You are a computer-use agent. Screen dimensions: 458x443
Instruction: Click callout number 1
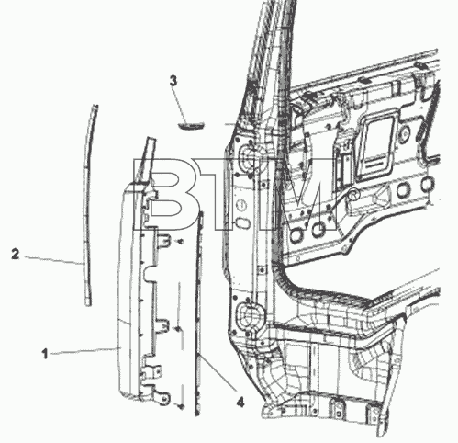pyautogui.click(x=45, y=354)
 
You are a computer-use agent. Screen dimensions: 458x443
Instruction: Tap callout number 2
pyautogui.click(x=16, y=255)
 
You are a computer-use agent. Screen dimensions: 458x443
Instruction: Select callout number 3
pyautogui.click(x=173, y=81)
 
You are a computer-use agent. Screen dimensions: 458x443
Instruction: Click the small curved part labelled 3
pyautogui.click(x=191, y=125)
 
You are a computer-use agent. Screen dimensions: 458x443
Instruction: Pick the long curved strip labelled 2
pyautogui.click(x=88, y=205)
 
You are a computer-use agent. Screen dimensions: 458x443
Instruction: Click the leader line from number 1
pyautogui.click(x=85, y=351)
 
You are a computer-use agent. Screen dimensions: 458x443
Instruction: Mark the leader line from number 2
pyautogui.click(x=53, y=260)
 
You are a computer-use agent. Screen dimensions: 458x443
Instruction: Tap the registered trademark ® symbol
pyautogui.click(x=354, y=196)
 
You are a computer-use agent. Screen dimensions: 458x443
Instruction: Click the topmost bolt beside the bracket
pyautogui.click(x=180, y=242)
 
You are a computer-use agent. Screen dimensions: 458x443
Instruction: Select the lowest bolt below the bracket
pyautogui.click(x=181, y=406)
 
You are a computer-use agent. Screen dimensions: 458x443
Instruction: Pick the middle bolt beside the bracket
pyautogui.click(x=177, y=329)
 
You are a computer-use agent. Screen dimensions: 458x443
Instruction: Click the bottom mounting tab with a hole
pyautogui.click(x=162, y=398)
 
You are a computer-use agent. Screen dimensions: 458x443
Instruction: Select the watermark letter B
pyautogui.click(x=160, y=194)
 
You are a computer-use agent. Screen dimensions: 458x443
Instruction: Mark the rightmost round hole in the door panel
pyautogui.click(x=428, y=183)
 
